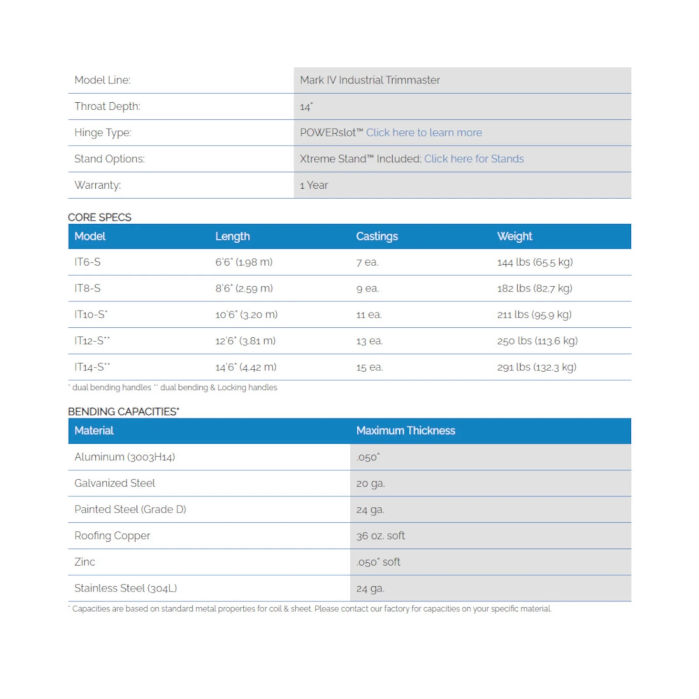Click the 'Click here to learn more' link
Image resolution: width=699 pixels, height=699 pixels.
[x=424, y=132]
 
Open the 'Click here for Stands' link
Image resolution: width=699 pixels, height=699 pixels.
[x=474, y=159]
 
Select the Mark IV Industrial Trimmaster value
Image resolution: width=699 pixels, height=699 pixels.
[x=370, y=80]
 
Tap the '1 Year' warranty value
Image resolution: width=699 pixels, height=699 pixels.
[x=314, y=185]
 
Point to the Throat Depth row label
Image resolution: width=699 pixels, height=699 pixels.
[x=107, y=106]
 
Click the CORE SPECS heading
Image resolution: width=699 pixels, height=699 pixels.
[x=100, y=217]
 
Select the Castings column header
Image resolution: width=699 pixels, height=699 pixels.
[x=377, y=236]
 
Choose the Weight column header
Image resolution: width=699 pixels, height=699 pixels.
[x=514, y=236]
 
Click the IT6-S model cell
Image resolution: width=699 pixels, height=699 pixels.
[x=87, y=262]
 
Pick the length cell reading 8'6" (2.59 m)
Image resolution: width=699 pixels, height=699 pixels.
[x=244, y=288]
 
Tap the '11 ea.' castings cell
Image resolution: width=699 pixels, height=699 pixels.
[x=369, y=315]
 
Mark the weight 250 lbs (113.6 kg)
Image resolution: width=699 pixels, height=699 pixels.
[x=537, y=341]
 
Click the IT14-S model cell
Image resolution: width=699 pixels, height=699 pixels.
[x=92, y=367]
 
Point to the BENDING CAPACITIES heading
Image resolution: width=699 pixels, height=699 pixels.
[x=123, y=412]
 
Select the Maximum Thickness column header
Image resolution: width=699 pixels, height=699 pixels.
[x=405, y=431]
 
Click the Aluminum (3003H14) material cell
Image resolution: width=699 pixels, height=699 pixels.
[x=125, y=457]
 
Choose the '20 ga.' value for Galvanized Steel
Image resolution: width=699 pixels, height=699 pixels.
[x=370, y=483]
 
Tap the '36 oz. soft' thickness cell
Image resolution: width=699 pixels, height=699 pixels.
[x=380, y=536]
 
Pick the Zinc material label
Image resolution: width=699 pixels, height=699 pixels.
[x=84, y=562]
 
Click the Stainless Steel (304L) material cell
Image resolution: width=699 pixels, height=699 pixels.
[x=125, y=588]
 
